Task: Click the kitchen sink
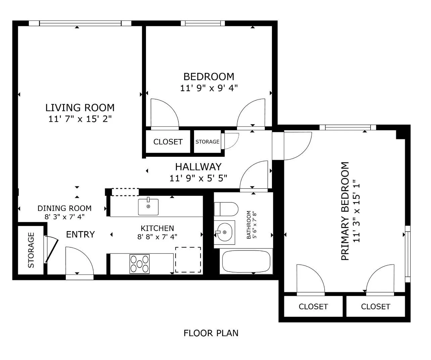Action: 148,207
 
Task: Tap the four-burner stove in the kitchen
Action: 140,264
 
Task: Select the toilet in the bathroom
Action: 226,209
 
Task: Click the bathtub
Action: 246,262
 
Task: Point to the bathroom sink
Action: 224,232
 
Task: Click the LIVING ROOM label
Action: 80,108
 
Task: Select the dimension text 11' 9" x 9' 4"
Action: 209,88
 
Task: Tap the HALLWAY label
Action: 198,167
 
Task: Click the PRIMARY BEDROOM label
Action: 345,211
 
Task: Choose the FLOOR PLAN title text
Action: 211,333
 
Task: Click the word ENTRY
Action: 80,234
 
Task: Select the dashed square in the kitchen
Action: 188,260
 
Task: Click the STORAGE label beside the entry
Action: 31,250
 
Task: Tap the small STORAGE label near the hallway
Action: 207,142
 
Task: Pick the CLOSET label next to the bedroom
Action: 168,142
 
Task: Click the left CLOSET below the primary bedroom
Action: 313,307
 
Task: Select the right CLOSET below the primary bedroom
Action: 375,307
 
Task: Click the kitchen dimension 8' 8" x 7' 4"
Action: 157,237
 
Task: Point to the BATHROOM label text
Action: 249,225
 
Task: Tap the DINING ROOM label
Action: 64,208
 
